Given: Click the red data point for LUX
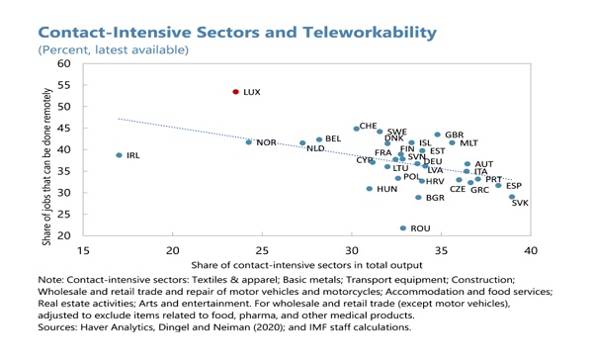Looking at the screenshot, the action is (x=236, y=92).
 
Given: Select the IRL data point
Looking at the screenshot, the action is (x=120, y=155).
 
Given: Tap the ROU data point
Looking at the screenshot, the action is (x=403, y=228).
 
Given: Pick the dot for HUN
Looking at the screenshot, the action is (x=370, y=189).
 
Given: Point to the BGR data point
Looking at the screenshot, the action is (x=418, y=198).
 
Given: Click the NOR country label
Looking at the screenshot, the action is (x=266, y=142).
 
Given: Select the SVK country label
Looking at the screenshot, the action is (x=520, y=203).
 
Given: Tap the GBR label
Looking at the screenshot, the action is (x=455, y=135).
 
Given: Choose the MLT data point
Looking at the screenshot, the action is (x=452, y=142).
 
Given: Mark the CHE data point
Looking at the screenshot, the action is (x=356, y=129).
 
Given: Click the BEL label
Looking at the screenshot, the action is (x=333, y=138).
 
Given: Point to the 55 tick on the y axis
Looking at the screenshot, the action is (x=64, y=85).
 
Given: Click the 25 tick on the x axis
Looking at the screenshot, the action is (x=262, y=250).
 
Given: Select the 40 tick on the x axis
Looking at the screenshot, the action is (x=531, y=250).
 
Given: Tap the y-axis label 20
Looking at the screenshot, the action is (x=64, y=235).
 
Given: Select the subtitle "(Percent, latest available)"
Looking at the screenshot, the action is (x=113, y=50).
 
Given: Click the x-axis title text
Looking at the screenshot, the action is (x=306, y=265).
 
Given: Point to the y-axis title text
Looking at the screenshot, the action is (x=46, y=167).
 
